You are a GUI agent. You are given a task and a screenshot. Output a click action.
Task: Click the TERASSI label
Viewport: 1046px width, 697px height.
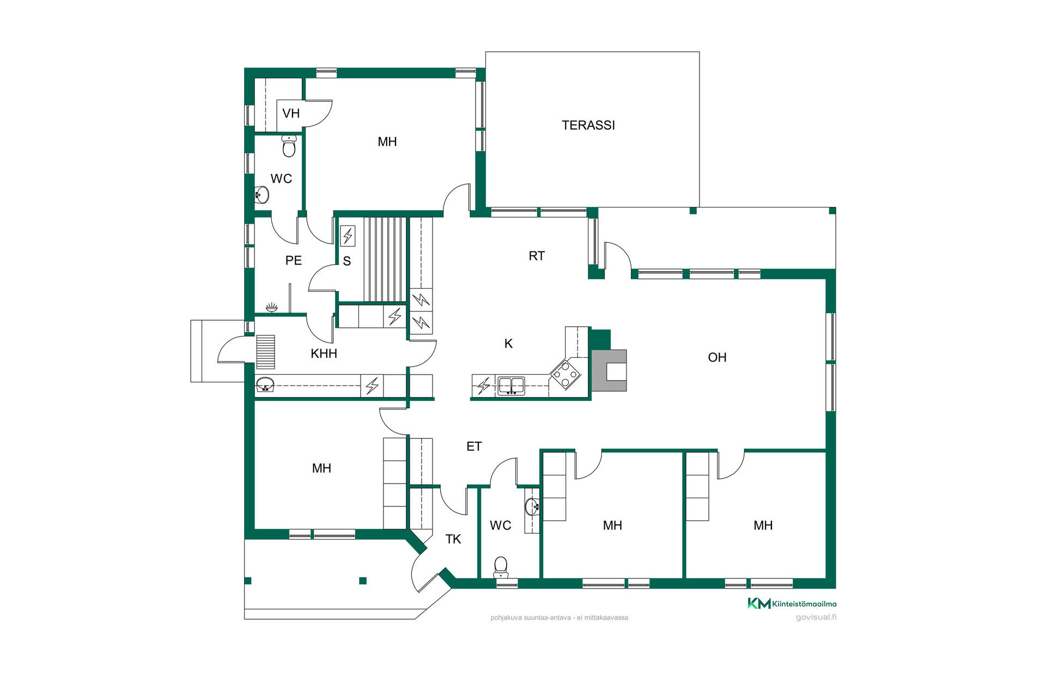588,125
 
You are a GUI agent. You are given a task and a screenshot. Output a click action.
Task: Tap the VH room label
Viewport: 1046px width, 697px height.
291,113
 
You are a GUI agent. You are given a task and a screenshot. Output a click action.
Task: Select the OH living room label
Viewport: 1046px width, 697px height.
717,357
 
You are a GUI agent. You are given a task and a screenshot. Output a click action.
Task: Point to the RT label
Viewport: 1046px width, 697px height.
537,256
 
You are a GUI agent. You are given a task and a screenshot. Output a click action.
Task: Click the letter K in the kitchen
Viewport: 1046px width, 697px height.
508,344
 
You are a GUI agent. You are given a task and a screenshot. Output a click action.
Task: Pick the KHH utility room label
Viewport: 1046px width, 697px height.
324,353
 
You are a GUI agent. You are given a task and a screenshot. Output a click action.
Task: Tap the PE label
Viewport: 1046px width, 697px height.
294,260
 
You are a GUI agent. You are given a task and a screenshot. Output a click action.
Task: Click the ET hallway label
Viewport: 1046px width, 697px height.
474,447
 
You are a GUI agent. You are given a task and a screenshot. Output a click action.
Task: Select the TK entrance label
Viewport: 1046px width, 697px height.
453,539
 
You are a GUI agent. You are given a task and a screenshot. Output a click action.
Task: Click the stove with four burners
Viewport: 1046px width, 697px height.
565,374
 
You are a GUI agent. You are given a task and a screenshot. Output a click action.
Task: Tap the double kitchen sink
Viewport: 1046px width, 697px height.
512,386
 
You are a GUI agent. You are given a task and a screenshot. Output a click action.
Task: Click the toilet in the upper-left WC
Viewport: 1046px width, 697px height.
289,146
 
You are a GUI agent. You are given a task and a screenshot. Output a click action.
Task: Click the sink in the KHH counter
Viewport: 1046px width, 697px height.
265,384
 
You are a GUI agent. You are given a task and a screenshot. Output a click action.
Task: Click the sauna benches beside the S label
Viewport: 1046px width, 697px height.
385,259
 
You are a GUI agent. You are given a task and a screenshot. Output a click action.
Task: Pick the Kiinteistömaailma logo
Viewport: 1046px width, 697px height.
792,603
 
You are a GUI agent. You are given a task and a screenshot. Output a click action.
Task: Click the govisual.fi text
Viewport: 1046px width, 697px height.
816,617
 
